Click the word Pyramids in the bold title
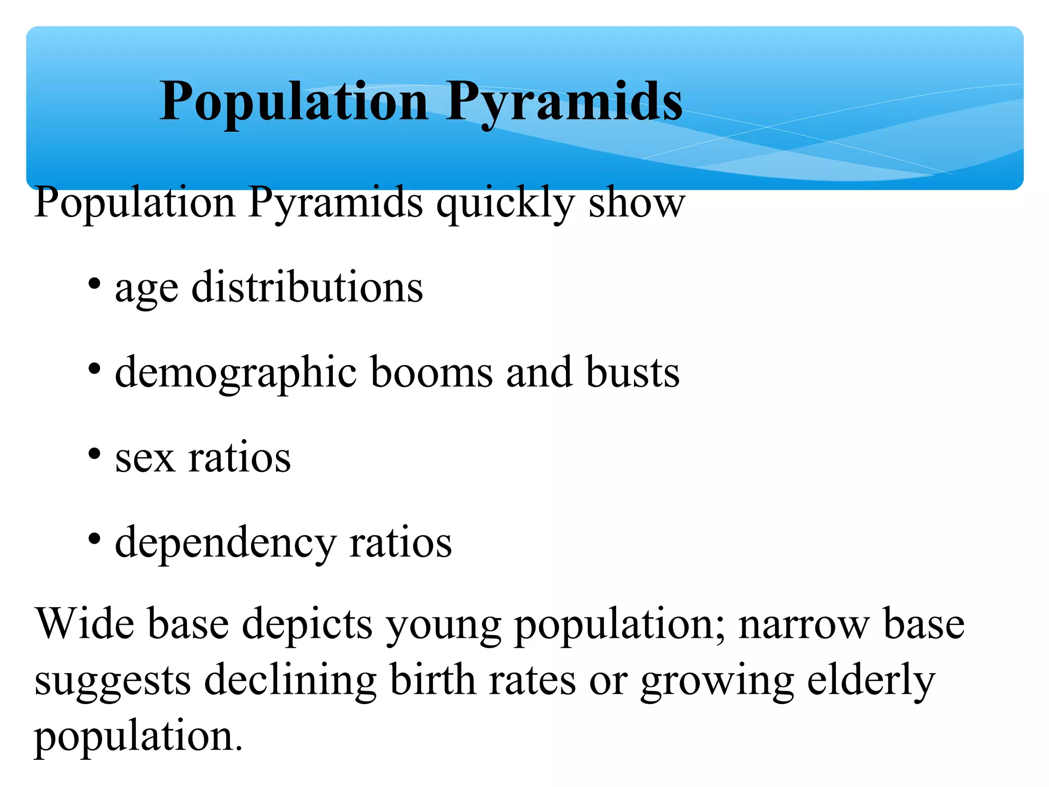pyautogui.click(x=564, y=102)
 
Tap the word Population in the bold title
pyautogui.click(x=293, y=102)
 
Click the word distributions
pyautogui.click(x=307, y=287)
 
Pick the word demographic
pyautogui.click(x=236, y=372)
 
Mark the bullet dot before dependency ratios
pyautogui.click(x=94, y=539)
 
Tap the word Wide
pyautogui.click(x=85, y=624)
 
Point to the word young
pyautogui.click(x=443, y=625)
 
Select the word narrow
pyautogui.click(x=804, y=624)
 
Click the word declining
pyautogui.click(x=290, y=681)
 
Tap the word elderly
pyautogui.click(x=871, y=681)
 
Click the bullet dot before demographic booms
pyautogui.click(x=94, y=368)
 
